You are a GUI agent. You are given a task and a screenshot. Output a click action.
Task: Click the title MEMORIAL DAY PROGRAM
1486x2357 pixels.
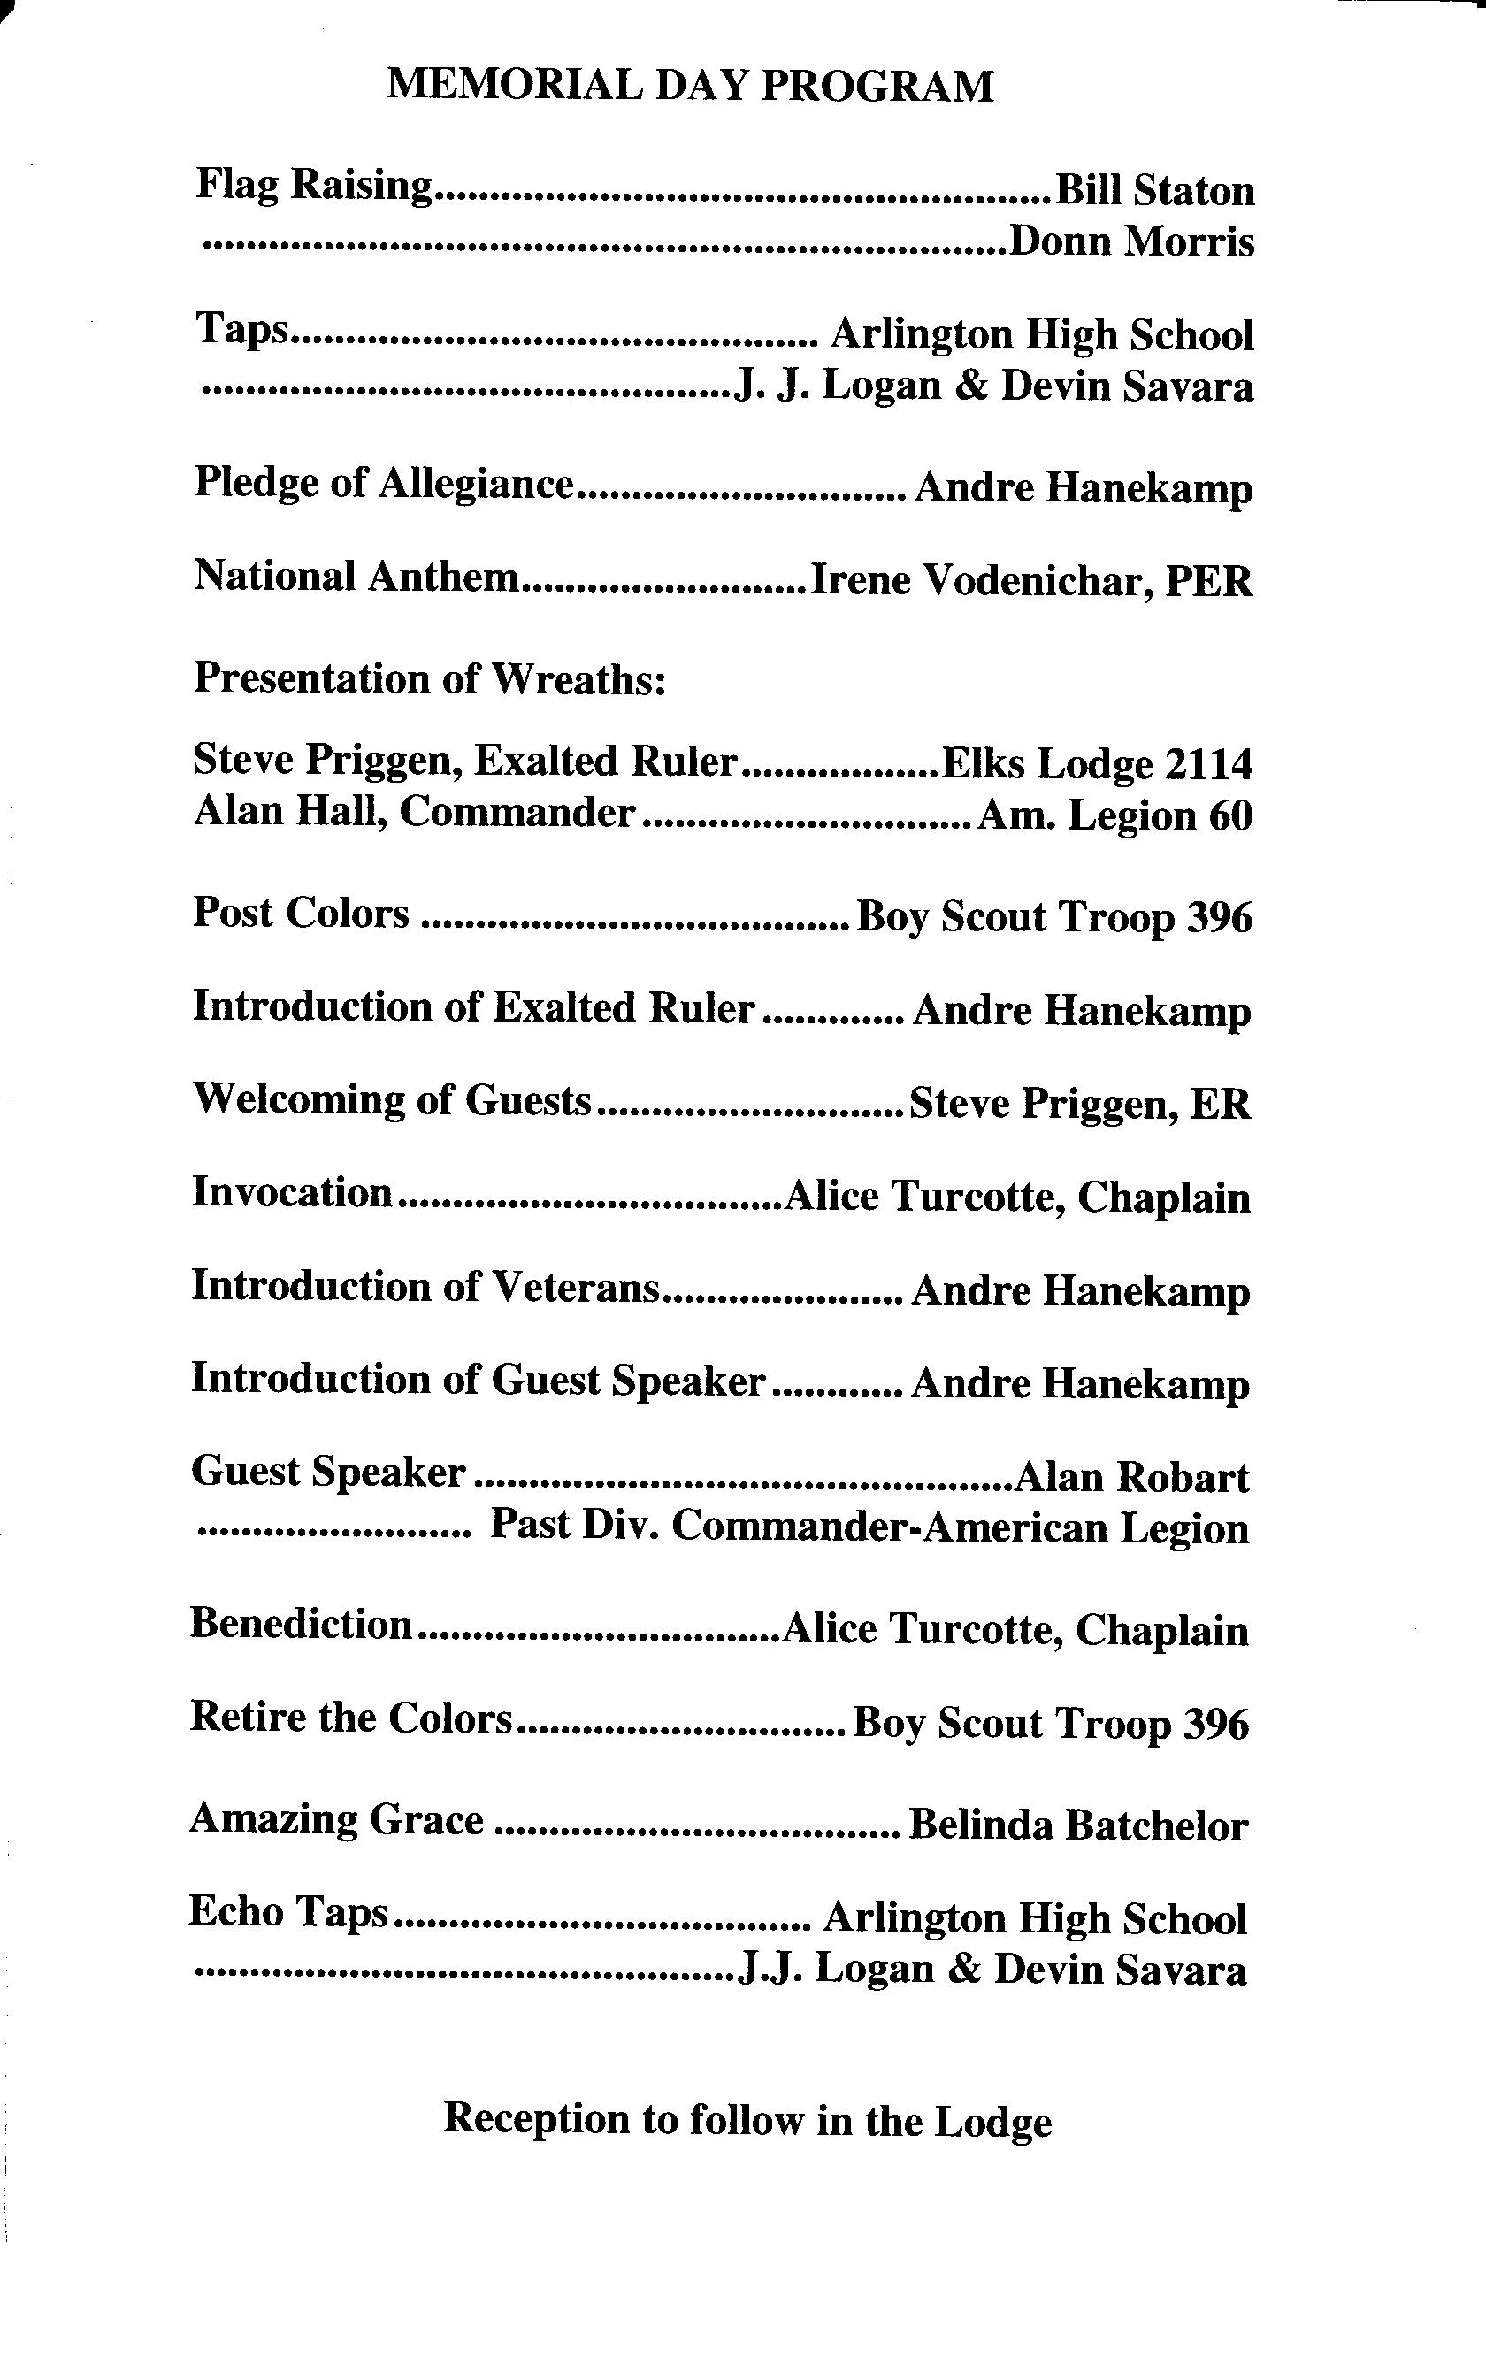(690, 86)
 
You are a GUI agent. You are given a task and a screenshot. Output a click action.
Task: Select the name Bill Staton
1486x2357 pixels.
(1154, 190)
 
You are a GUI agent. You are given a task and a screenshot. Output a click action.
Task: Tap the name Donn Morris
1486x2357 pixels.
(1131, 241)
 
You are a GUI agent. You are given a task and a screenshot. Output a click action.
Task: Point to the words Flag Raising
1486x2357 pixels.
(313, 184)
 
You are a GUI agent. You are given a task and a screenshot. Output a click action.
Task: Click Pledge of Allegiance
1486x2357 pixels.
(383, 484)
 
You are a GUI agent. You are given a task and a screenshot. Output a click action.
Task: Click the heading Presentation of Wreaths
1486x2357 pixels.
(430, 678)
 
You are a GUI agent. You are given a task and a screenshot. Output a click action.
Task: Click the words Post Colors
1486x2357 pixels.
(302, 914)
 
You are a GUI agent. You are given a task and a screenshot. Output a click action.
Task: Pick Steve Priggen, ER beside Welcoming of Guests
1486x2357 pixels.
(1080, 1104)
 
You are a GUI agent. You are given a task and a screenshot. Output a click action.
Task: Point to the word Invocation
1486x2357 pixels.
(293, 1192)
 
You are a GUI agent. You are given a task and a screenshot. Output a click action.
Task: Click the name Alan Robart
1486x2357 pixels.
(1134, 1477)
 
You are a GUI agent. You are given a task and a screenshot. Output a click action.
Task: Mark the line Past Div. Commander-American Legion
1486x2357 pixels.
(869, 1528)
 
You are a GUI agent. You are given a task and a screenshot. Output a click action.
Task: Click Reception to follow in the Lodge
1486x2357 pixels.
(747, 2121)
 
